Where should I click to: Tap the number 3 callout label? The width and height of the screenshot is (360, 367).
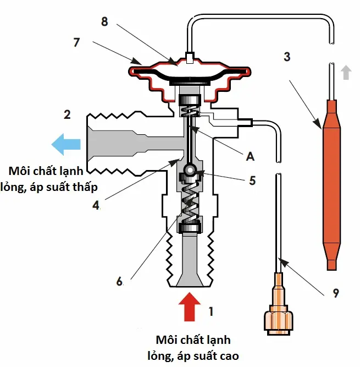pyautogui.click(x=287, y=57)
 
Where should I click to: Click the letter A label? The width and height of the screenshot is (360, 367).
pyautogui.click(x=251, y=157)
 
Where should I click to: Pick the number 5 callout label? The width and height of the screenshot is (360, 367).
pyautogui.click(x=252, y=180)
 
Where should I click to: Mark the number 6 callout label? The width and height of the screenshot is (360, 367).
pyautogui.click(x=120, y=281)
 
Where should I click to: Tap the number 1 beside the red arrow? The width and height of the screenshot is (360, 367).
pyautogui.click(x=211, y=312)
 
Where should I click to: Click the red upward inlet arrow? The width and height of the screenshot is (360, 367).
pyautogui.click(x=190, y=306)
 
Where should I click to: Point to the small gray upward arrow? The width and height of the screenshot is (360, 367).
pyautogui.click(x=345, y=72)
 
